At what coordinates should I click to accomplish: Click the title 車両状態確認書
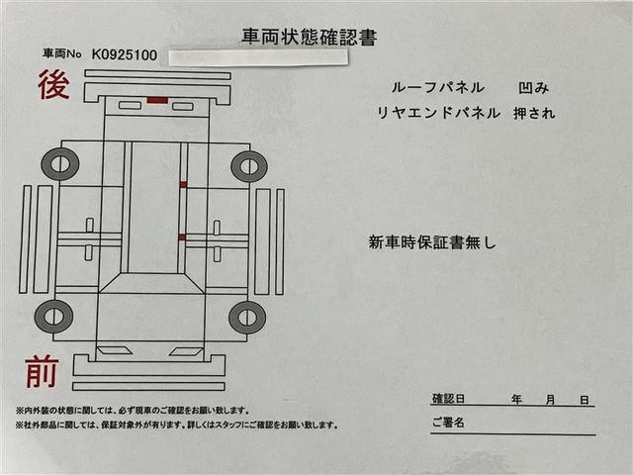[x=309, y=38]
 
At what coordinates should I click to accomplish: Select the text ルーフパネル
[x=419, y=89]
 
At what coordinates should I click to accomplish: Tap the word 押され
[x=534, y=113]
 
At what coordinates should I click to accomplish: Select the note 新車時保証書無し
[x=432, y=240]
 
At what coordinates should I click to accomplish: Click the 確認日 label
[x=448, y=400]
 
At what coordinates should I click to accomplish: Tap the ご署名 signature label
[x=448, y=423]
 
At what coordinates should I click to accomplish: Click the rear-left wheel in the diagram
[x=59, y=163]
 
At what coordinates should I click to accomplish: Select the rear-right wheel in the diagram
[x=248, y=165]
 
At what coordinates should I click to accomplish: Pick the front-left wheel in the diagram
[x=53, y=317]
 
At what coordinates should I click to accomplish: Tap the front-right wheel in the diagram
[x=246, y=318]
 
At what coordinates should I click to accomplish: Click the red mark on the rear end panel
[x=157, y=100]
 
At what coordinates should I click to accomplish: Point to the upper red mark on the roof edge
[x=183, y=184]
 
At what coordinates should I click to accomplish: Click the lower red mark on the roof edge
[x=182, y=237]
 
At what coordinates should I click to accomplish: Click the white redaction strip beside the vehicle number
[x=258, y=56]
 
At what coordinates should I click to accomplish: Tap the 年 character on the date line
[x=516, y=400]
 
